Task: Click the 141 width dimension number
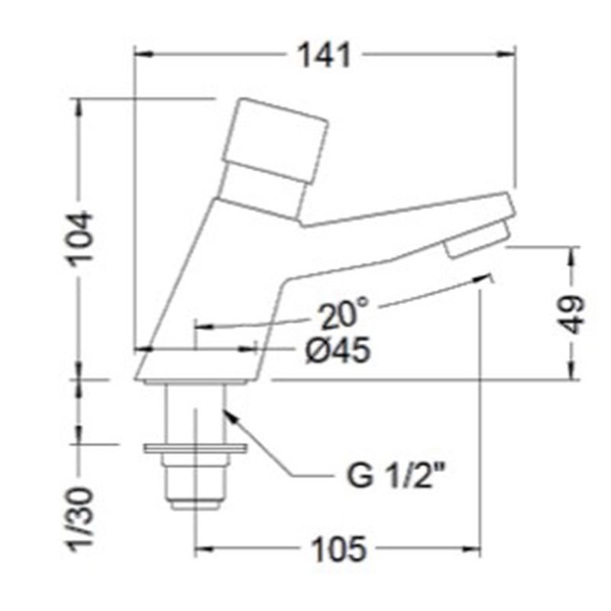point(325,55)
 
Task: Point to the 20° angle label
point(344,314)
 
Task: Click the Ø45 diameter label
point(338,350)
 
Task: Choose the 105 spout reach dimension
point(339,549)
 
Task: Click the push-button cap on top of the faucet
point(275,141)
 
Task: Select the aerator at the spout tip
point(478,238)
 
